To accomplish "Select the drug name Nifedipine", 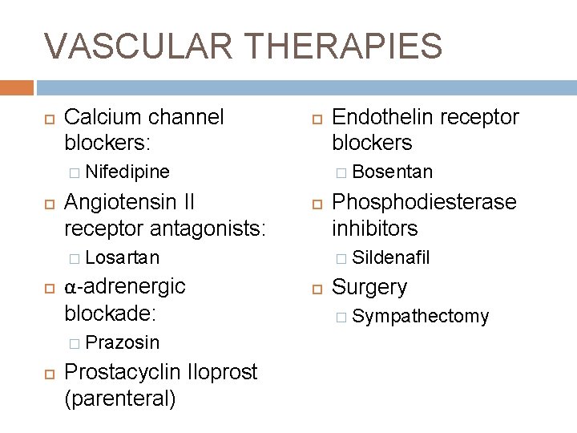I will pos(127,172).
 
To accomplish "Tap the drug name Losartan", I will pos(122,257).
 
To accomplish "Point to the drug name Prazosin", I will pos(122,343).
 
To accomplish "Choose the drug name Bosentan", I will pos(393,172).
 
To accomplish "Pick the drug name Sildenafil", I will pos(391,257).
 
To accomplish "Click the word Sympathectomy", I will pos(420,317).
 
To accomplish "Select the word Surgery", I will pos(369,287).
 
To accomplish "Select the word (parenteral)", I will pos(119,399).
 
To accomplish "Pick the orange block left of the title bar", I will pos(16,87).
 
